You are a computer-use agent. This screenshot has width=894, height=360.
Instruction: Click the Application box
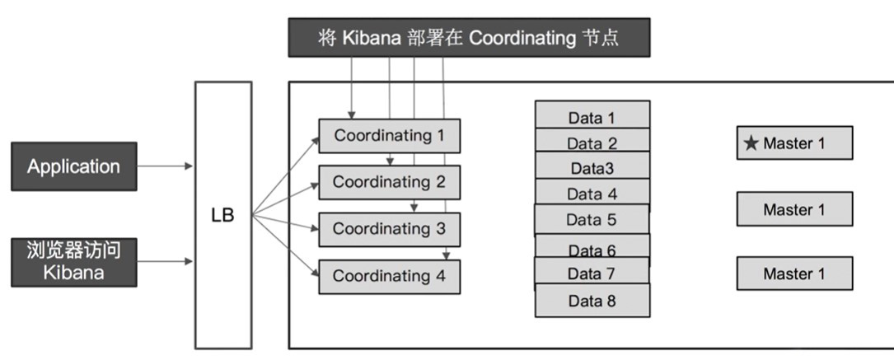(x=73, y=166)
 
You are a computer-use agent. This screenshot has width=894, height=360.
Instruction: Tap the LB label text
(x=222, y=216)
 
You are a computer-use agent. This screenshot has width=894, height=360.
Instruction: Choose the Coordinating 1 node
(x=389, y=136)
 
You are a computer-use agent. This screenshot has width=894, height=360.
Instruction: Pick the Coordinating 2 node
(x=389, y=183)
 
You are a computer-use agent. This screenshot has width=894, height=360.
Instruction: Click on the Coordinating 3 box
(x=389, y=230)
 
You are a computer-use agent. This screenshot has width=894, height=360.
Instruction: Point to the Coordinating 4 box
(x=389, y=277)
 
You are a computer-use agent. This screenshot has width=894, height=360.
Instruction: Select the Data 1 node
(x=592, y=116)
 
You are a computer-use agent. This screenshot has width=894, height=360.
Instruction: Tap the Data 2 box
(x=592, y=143)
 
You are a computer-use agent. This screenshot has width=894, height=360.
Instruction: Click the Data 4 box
(x=592, y=194)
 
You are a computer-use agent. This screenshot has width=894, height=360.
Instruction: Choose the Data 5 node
(x=592, y=220)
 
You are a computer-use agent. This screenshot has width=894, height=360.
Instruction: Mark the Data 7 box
(x=592, y=273)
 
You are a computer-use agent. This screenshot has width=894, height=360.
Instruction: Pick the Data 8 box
(x=592, y=301)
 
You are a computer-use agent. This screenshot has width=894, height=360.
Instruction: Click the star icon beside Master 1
(x=751, y=143)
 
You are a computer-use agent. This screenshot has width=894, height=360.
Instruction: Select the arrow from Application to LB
(x=165, y=166)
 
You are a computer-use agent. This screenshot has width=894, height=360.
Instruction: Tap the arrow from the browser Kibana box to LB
(x=165, y=262)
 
